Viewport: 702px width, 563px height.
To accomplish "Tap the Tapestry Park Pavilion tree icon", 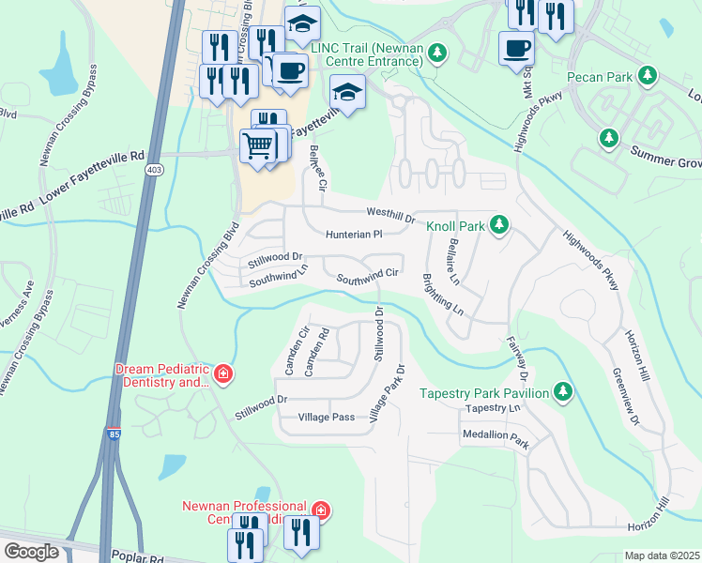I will (x=562, y=392).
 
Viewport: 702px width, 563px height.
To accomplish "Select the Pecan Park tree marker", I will (x=646, y=75).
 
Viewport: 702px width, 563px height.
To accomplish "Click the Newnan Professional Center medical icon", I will (x=321, y=510).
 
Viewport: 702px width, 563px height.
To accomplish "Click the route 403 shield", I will (x=154, y=171).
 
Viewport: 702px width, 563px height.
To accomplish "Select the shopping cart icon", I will (x=258, y=145).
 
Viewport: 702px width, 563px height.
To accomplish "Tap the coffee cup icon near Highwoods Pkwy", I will (x=515, y=47).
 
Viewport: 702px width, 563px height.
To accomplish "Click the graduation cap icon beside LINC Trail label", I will (x=346, y=93).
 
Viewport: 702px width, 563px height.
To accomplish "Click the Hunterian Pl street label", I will (x=355, y=235).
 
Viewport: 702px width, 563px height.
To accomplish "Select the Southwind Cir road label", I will (x=369, y=276).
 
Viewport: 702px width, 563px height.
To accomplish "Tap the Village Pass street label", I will (x=327, y=417).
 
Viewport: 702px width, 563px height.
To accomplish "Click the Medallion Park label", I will (x=496, y=435).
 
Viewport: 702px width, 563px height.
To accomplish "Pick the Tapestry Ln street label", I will (x=492, y=409).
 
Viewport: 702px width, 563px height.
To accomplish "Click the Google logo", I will (x=31, y=551).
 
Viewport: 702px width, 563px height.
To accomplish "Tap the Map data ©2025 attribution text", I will (x=662, y=555).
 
